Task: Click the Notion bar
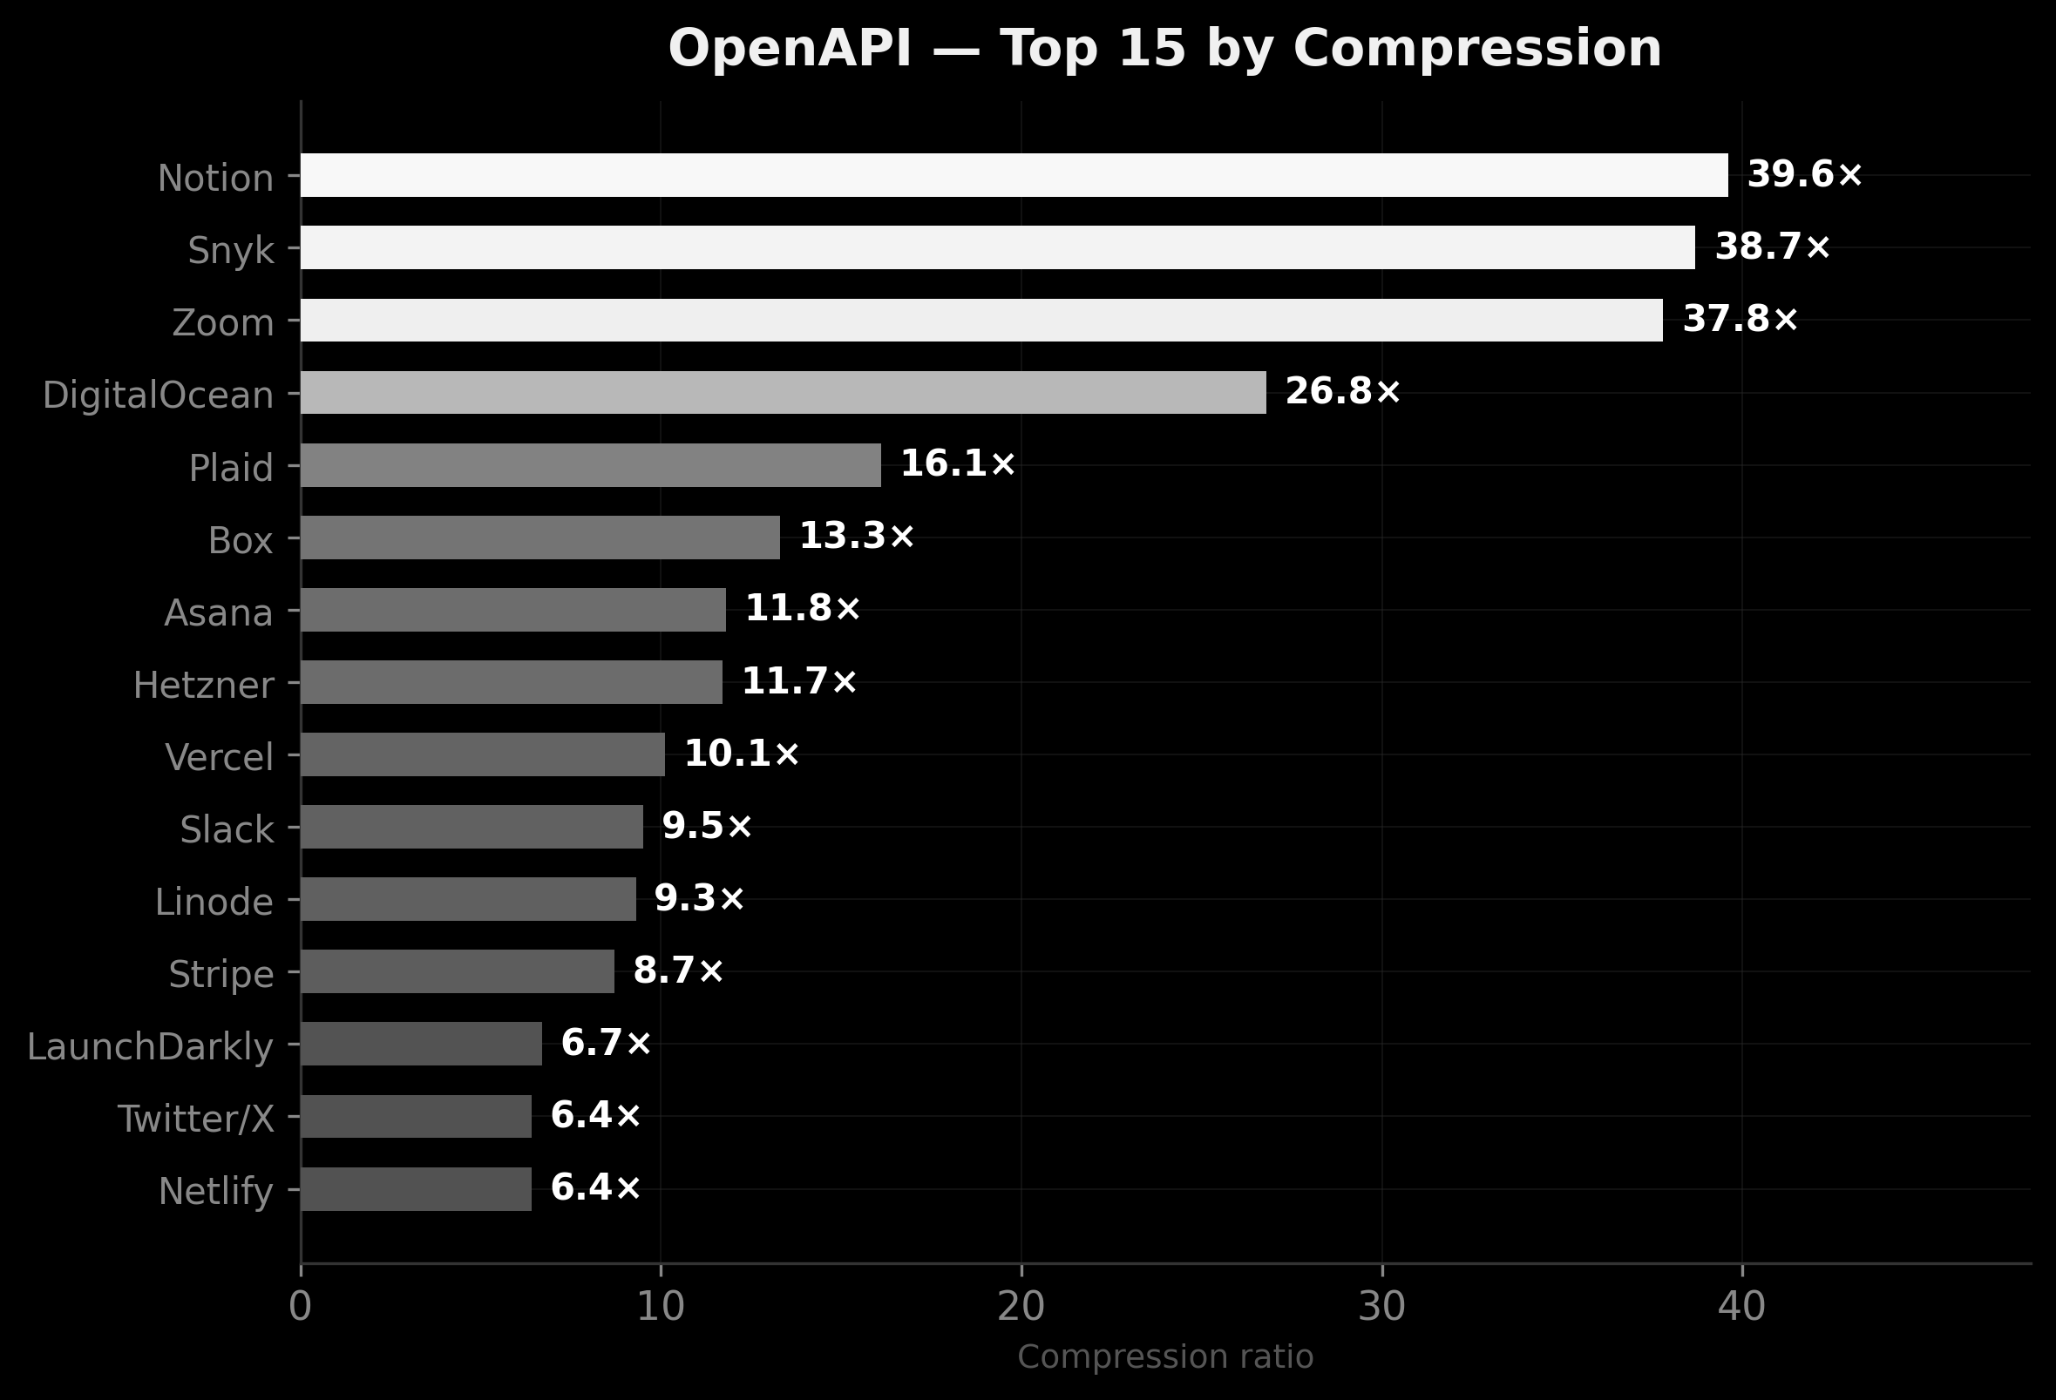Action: (x=1014, y=175)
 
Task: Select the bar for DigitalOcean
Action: (x=783, y=393)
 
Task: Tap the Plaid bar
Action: (x=591, y=465)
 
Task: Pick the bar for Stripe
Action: (x=458, y=972)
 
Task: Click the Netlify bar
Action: (x=416, y=1189)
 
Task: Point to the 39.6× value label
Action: (x=1805, y=174)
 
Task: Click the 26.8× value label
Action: (x=1343, y=392)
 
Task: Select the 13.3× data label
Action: (x=857, y=537)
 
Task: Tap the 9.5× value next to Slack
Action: (x=707, y=827)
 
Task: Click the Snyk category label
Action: (x=231, y=251)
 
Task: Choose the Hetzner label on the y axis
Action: (x=203, y=686)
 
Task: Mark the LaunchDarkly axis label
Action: (x=151, y=1047)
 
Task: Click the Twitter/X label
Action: (x=195, y=1119)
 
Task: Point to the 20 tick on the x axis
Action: (x=1021, y=1308)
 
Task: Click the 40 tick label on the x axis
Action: (x=1741, y=1308)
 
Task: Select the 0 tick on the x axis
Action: (x=301, y=1308)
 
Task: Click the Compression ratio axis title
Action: (x=1165, y=1357)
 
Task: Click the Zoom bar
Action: (x=981, y=320)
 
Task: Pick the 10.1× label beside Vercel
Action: (x=742, y=754)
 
